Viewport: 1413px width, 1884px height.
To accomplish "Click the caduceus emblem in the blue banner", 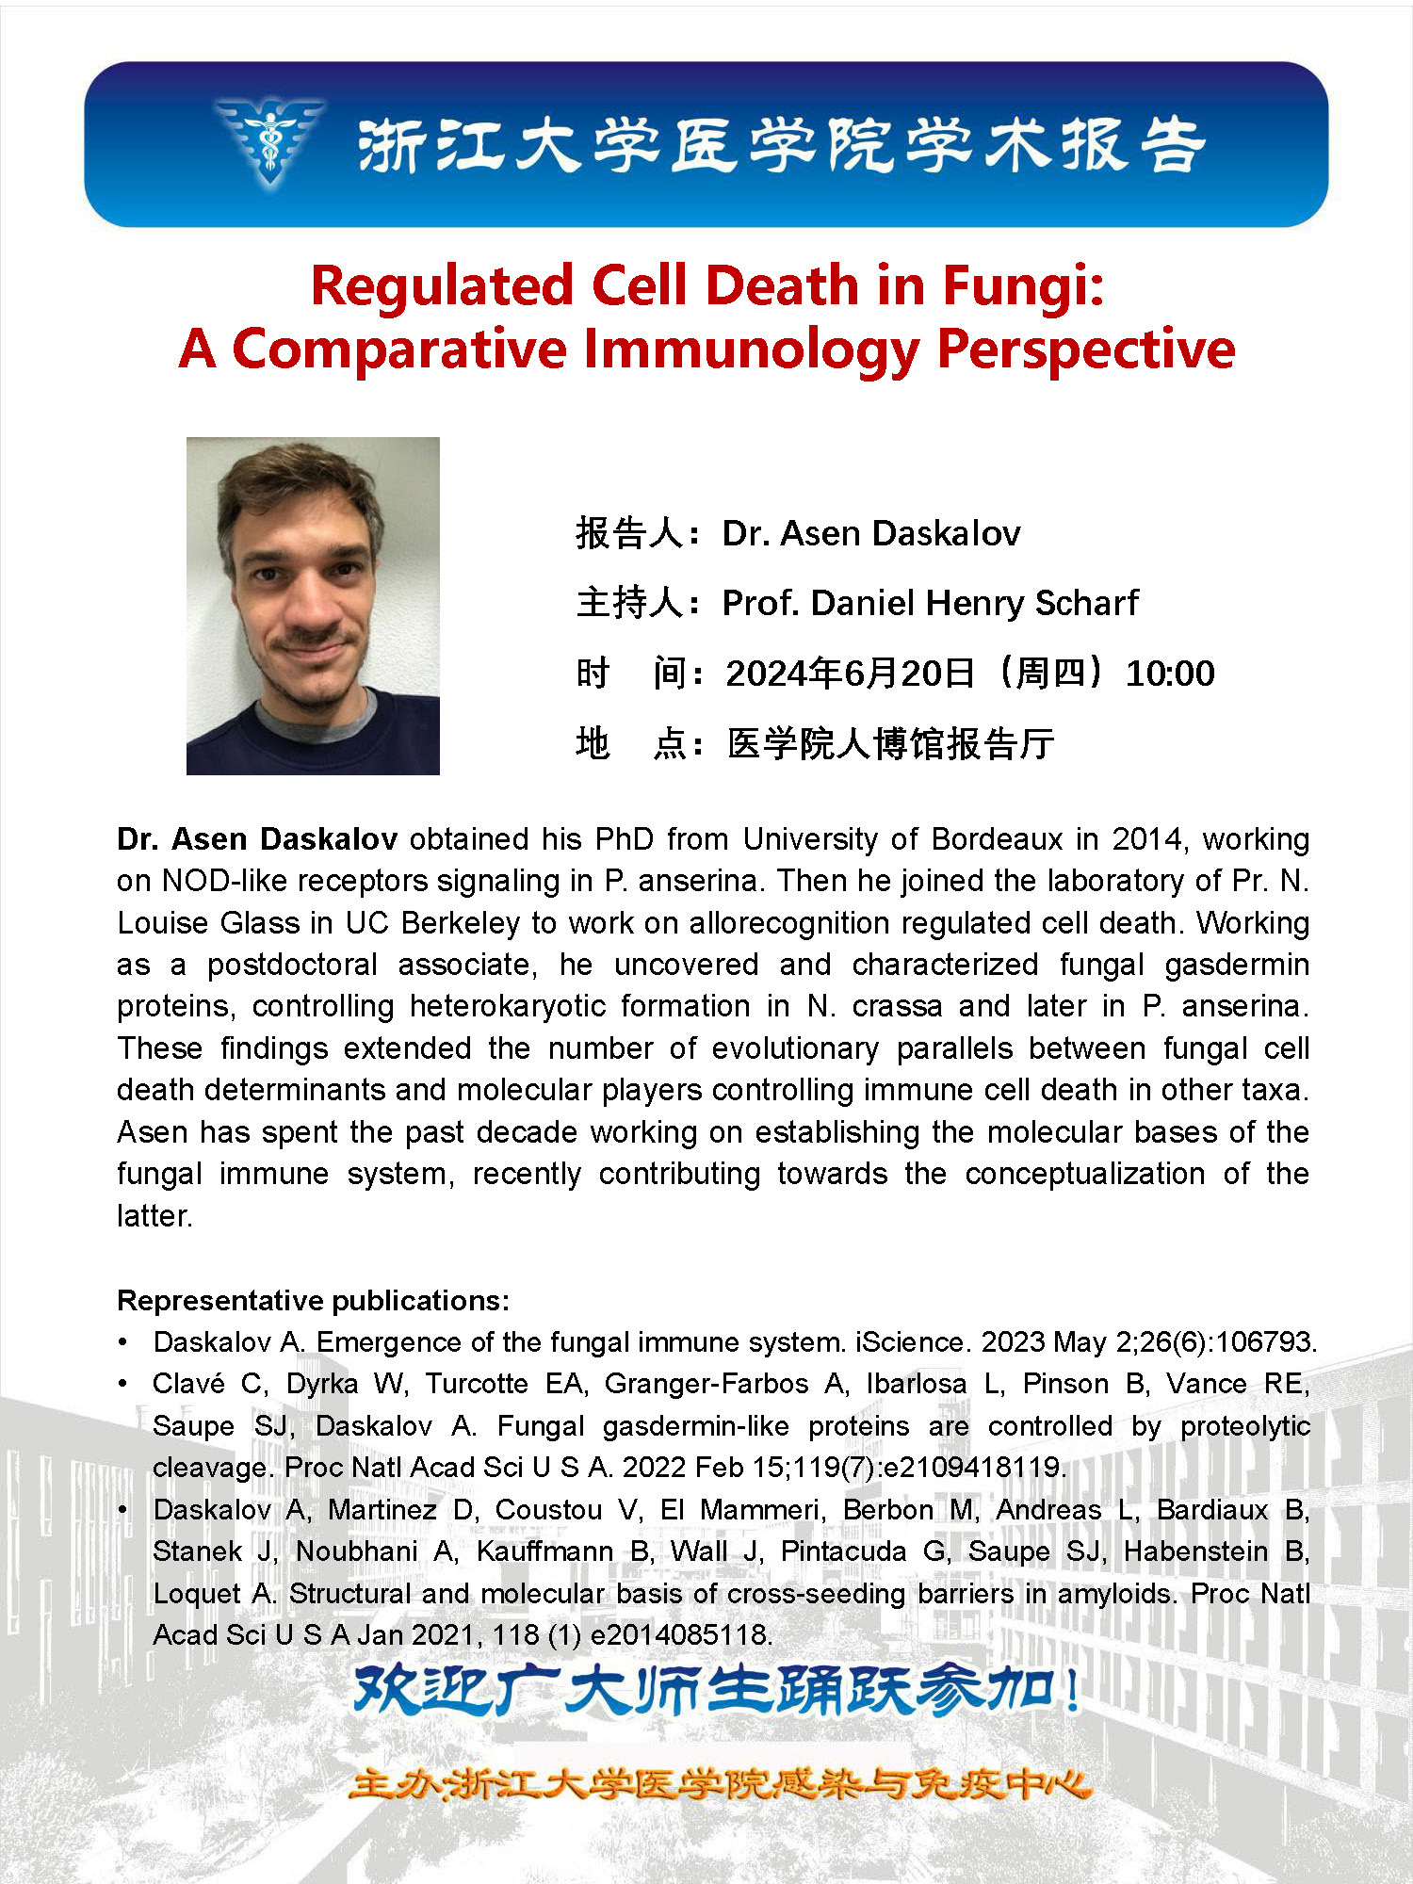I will (270, 141).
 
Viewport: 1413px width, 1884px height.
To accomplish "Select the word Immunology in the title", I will (751, 349).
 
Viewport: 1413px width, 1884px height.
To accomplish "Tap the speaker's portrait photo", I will (313, 606).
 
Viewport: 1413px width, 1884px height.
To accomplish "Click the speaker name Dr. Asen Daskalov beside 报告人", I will (870, 533).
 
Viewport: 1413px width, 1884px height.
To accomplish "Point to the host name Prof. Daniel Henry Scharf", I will (930, 603).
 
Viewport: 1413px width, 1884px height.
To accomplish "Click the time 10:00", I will (1170, 674).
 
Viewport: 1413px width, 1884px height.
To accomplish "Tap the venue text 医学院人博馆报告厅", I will (890, 744).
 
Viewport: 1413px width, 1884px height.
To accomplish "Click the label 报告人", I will (630, 533).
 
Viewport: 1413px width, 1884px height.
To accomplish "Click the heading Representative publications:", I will (313, 1301).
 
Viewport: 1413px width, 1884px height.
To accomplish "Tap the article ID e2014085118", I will (680, 1634).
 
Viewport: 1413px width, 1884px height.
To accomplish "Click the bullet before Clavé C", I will (123, 1384).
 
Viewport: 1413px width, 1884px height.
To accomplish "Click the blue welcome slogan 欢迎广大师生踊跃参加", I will (716, 1691).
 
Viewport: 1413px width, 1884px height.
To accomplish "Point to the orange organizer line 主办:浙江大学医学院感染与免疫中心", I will (720, 1784).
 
